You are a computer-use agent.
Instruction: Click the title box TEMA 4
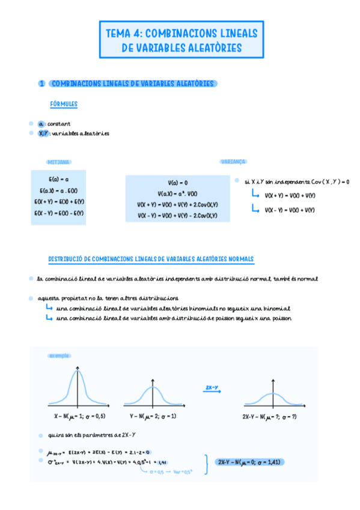[181, 40]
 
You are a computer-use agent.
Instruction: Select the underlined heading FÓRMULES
[64, 104]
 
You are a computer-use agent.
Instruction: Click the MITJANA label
[59, 162]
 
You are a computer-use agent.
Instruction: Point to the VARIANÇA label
[233, 162]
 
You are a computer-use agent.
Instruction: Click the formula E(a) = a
[59, 179]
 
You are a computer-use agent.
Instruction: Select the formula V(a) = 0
[177, 183]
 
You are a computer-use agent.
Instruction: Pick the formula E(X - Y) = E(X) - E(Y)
[59, 213]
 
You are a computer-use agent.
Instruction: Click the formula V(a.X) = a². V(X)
[177, 194]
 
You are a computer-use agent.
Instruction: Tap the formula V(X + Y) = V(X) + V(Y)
[290, 195]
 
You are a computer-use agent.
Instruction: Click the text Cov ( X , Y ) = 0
[328, 181]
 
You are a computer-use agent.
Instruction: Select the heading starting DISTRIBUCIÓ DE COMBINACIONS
[151, 259]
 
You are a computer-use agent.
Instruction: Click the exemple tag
[59, 356]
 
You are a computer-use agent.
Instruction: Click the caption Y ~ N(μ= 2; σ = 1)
[153, 416]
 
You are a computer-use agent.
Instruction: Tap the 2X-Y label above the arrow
[211, 388]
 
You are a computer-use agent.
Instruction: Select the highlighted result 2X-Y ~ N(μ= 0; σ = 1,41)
[252, 462]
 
